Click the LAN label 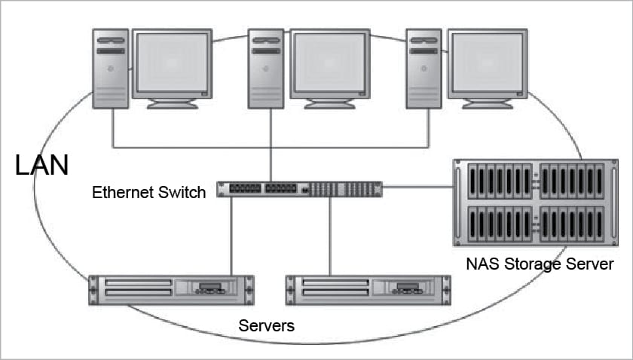42,164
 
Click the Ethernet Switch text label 148,192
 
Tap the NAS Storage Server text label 540,264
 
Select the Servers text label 266,326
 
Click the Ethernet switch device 299,189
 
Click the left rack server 171,290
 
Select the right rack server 368,290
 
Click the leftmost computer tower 111,69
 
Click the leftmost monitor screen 172,63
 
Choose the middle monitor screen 329,63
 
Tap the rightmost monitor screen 487,63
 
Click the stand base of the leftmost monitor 172,105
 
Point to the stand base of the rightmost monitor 487,105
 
